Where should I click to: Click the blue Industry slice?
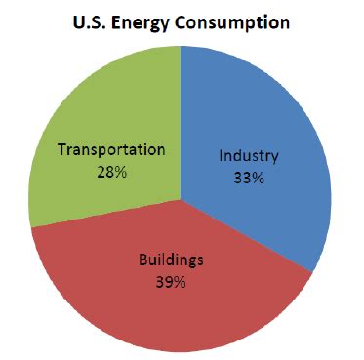(263, 127)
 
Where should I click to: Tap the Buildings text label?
(171, 262)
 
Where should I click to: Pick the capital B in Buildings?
(144, 262)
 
